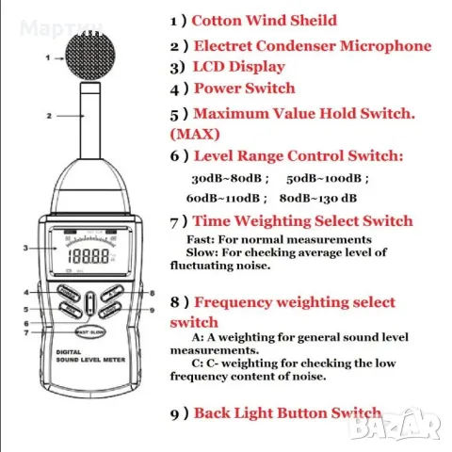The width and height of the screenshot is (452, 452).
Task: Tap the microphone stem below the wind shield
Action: [89, 118]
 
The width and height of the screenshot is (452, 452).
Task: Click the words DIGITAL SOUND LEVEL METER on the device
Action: [88, 359]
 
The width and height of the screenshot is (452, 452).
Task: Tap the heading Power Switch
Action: [244, 89]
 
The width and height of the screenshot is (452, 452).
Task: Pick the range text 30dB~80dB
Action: [230, 177]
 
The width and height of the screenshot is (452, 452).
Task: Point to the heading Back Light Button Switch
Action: [286, 412]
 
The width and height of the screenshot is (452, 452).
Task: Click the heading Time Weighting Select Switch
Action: [302, 220]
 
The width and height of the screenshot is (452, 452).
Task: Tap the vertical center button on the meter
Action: [88, 302]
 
